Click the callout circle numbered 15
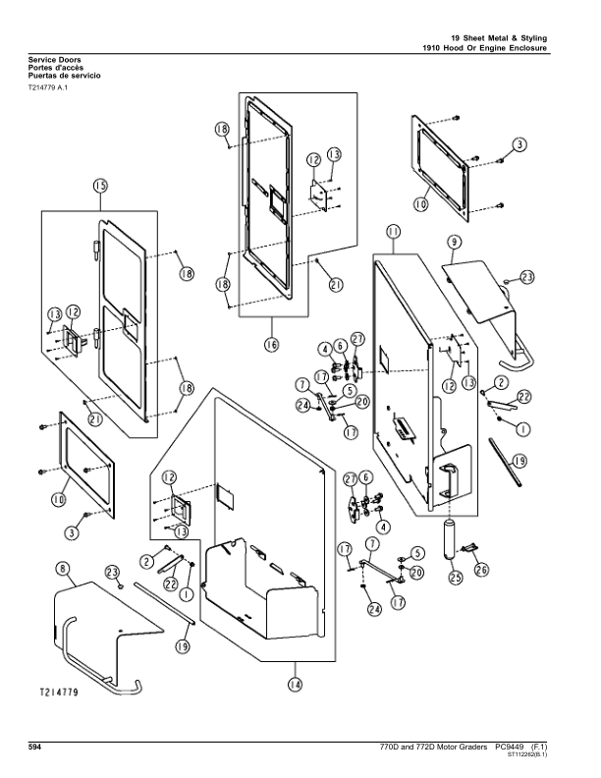coord(100,187)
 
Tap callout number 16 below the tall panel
coord(272,344)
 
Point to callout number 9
coord(455,242)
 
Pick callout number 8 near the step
coord(62,568)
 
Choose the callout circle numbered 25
coord(456,578)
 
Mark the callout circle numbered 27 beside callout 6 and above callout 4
coord(351,478)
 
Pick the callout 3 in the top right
coord(520,144)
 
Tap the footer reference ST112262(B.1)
coord(527,756)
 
